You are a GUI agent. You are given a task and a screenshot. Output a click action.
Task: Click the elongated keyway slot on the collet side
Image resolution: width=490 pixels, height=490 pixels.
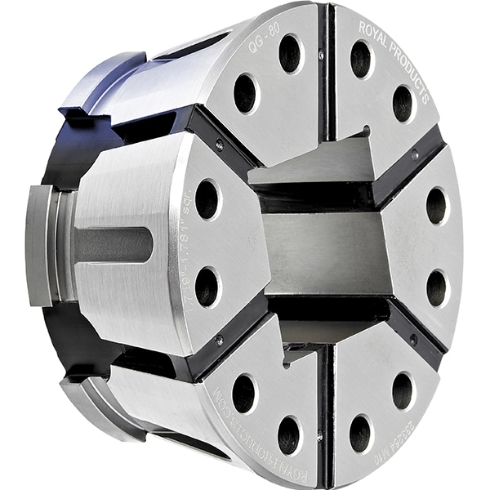[114, 244]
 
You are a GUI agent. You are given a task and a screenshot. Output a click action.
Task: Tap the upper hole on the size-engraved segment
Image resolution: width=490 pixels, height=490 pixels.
[207, 198]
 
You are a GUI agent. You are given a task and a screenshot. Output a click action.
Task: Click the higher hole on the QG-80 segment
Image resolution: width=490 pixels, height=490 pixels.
[290, 54]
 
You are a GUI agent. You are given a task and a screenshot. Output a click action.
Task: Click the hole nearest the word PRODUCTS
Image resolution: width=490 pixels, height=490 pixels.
[403, 104]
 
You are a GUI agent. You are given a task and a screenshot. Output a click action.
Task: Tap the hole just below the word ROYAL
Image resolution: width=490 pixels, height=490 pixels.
[360, 59]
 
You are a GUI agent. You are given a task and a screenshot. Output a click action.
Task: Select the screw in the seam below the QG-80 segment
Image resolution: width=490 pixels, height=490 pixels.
[219, 145]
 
